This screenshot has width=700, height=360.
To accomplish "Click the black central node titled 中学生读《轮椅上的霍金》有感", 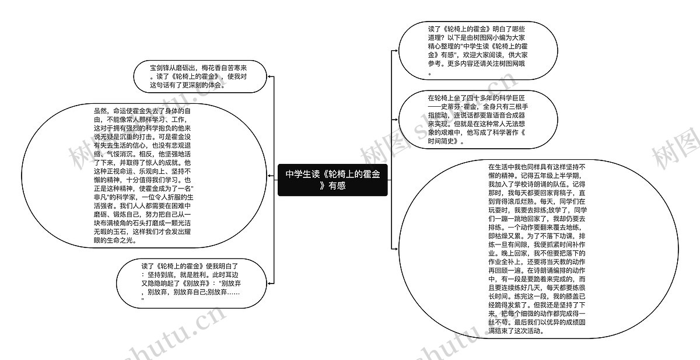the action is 332,180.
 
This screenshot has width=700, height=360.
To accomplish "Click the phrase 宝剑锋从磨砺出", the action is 173,68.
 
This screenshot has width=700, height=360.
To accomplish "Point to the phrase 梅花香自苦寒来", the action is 224,68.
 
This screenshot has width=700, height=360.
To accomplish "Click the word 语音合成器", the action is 509,115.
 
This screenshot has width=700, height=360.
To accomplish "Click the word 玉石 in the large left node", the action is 120,232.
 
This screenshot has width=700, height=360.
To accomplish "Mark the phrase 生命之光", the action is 120,240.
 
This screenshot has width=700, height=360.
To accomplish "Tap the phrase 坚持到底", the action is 160,275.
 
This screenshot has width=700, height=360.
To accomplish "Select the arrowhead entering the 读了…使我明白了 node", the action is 269,284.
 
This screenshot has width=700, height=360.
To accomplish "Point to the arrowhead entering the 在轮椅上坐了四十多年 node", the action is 396,120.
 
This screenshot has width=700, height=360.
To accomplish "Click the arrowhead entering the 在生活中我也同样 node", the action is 396,249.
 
